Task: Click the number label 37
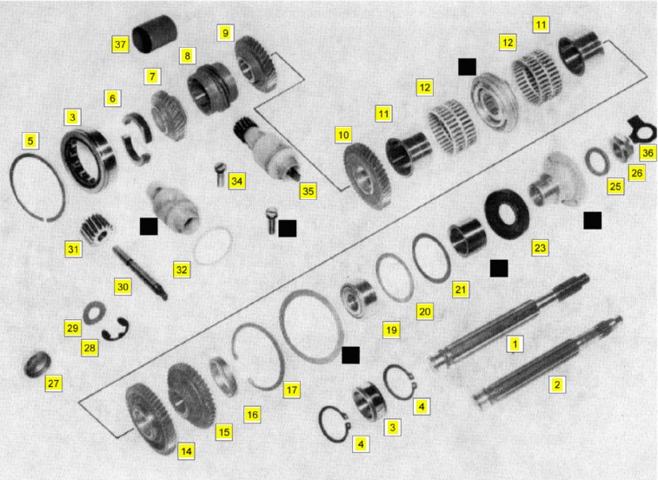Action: [120, 44]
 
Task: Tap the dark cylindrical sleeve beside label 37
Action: [154, 34]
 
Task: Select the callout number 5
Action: [30, 141]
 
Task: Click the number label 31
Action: [73, 249]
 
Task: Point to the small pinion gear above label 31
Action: [96, 228]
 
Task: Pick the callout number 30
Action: [123, 287]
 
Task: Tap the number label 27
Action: [53, 383]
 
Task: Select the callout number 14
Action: [186, 451]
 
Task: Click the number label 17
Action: [292, 390]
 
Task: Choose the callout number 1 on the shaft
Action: [515, 344]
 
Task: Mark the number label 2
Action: [557, 384]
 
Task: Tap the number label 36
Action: [648, 153]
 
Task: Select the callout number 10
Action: [343, 135]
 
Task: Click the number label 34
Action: [236, 181]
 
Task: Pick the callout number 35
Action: [308, 191]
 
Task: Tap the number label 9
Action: [225, 33]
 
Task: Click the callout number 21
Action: [461, 290]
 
